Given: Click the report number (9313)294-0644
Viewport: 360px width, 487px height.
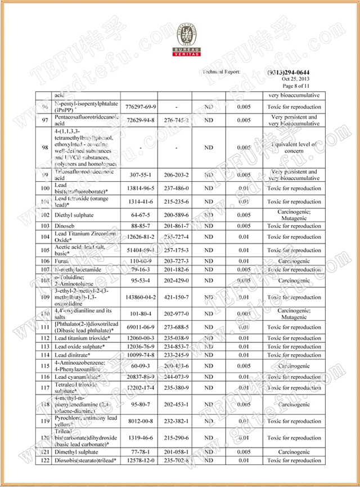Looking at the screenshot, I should (289, 72).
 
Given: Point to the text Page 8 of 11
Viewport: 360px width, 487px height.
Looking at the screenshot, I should (296, 86).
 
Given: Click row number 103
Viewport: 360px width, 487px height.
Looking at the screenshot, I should (44, 226).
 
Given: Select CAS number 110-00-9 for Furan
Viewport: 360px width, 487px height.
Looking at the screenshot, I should (138, 261).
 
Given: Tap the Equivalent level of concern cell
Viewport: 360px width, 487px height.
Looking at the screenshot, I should (294, 148).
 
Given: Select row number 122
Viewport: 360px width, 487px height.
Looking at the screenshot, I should (44, 461).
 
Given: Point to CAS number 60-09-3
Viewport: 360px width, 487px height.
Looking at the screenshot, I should (138, 366).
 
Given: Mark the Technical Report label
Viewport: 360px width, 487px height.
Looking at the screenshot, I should (222, 72).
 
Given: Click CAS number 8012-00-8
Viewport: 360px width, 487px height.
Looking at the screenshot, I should (138, 421).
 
